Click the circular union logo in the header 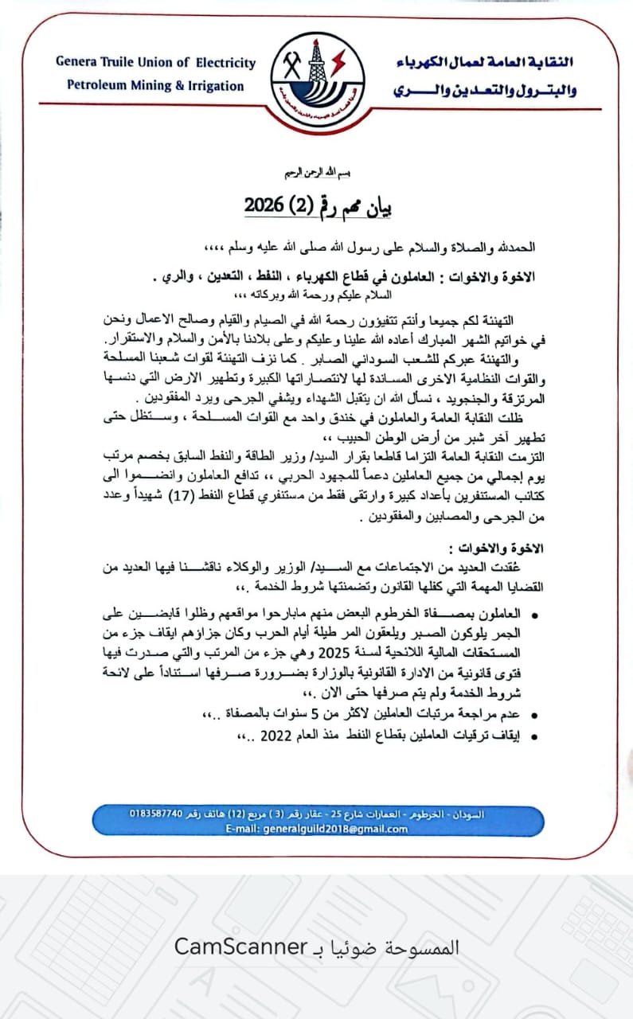coord(316,74)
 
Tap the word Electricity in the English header coord(225,62)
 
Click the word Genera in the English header coord(76,62)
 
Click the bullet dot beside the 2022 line coord(533,738)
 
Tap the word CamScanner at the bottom coord(240,947)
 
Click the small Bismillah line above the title coord(316,172)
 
